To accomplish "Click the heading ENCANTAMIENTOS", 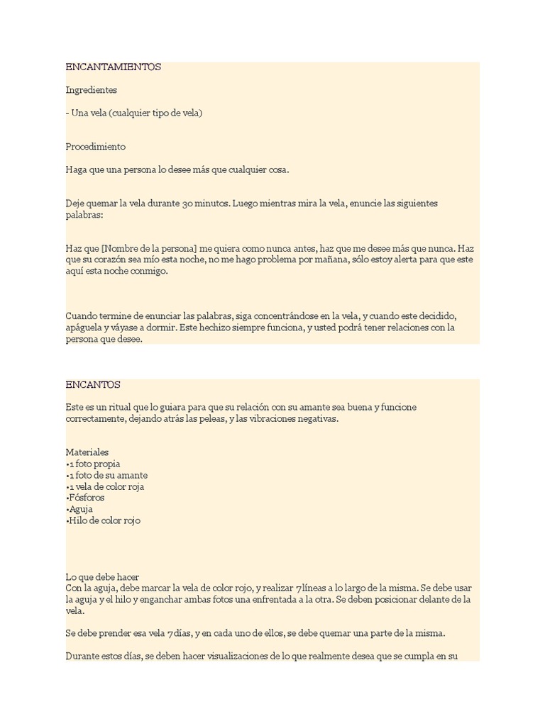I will tap(114, 67).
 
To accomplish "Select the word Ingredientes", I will tap(92, 90).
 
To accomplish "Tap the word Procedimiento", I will tap(96, 147).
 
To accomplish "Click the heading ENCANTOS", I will tap(93, 385).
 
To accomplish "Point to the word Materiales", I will tap(87, 452).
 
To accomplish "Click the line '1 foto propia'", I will tap(94, 464).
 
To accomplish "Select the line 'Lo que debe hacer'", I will tap(107, 577).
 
